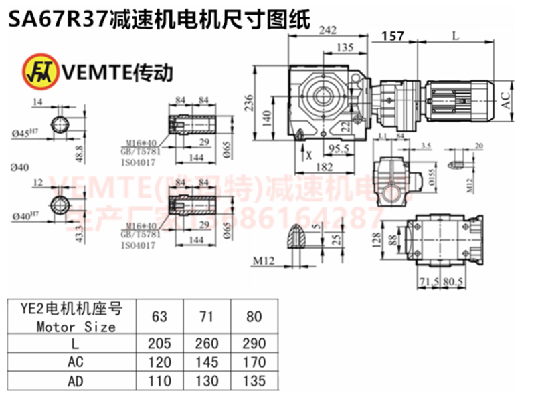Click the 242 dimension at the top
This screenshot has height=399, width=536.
(x=327, y=30)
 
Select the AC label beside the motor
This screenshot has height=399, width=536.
(x=507, y=101)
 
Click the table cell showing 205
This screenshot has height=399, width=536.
(x=159, y=343)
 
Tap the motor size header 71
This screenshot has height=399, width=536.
(x=207, y=316)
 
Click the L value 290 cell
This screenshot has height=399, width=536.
(x=254, y=343)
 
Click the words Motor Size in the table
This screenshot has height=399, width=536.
(x=76, y=327)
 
